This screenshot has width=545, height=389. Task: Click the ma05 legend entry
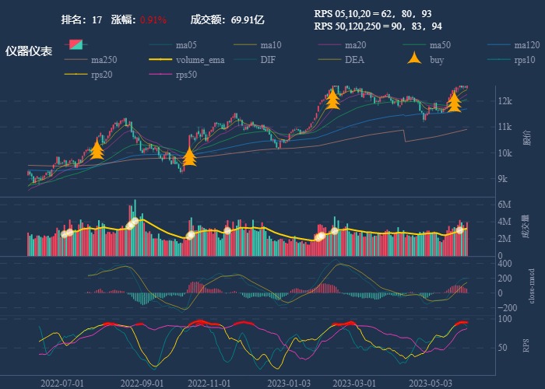point(192,44)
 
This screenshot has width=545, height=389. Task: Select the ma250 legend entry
point(108,59)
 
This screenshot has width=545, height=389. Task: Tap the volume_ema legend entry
point(201,59)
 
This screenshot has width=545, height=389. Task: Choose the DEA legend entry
point(355,59)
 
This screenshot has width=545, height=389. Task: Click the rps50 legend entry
point(187,75)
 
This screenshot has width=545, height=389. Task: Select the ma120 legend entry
point(527,44)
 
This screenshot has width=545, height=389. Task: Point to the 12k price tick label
point(505,101)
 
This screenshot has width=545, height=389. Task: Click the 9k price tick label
point(502,179)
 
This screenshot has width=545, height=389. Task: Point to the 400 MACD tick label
point(505,265)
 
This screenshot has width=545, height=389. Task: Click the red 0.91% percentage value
point(153,19)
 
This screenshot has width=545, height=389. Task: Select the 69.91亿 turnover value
point(248,19)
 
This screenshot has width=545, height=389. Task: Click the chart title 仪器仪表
point(29,51)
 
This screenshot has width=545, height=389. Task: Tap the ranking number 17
point(97,19)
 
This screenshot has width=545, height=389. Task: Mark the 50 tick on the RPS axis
point(502,347)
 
